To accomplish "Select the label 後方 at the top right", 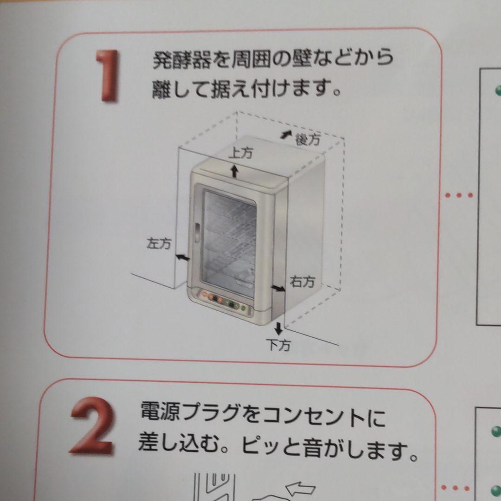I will click(x=308, y=139).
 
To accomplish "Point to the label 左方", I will click(x=159, y=244).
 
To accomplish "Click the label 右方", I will click(x=302, y=281).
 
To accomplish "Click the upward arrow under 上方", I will click(x=235, y=171).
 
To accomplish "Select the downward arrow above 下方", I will click(x=278, y=328).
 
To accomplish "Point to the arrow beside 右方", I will click(x=278, y=289).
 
